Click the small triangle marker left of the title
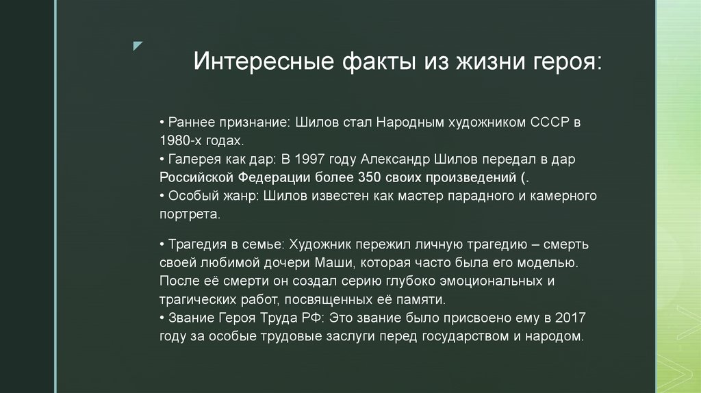(x=138, y=46)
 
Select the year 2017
(x=570, y=318)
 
